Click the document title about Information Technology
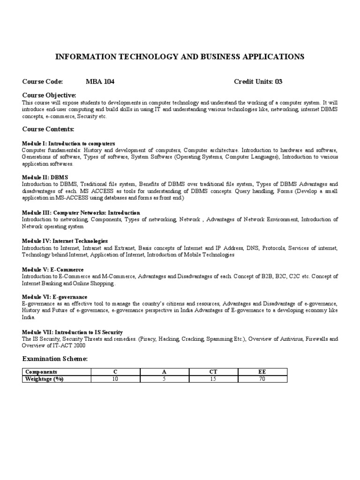180,57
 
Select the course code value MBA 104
100,82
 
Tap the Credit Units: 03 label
258,82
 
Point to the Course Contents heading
48,129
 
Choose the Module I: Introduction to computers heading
68,143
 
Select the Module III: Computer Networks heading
81,213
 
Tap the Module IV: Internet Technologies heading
65,241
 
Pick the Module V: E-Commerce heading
53,270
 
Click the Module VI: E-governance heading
54,297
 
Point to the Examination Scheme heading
55,359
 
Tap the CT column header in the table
213,372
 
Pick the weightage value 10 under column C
115,379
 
